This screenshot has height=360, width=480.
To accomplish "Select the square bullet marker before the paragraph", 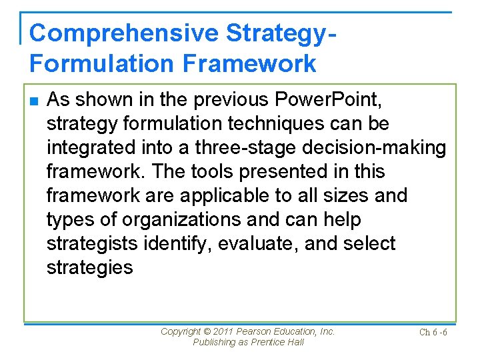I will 35,101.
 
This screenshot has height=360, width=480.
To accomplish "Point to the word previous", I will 219,100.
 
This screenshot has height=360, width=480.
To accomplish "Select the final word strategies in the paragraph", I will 89,268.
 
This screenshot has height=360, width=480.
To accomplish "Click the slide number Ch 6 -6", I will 433,333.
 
